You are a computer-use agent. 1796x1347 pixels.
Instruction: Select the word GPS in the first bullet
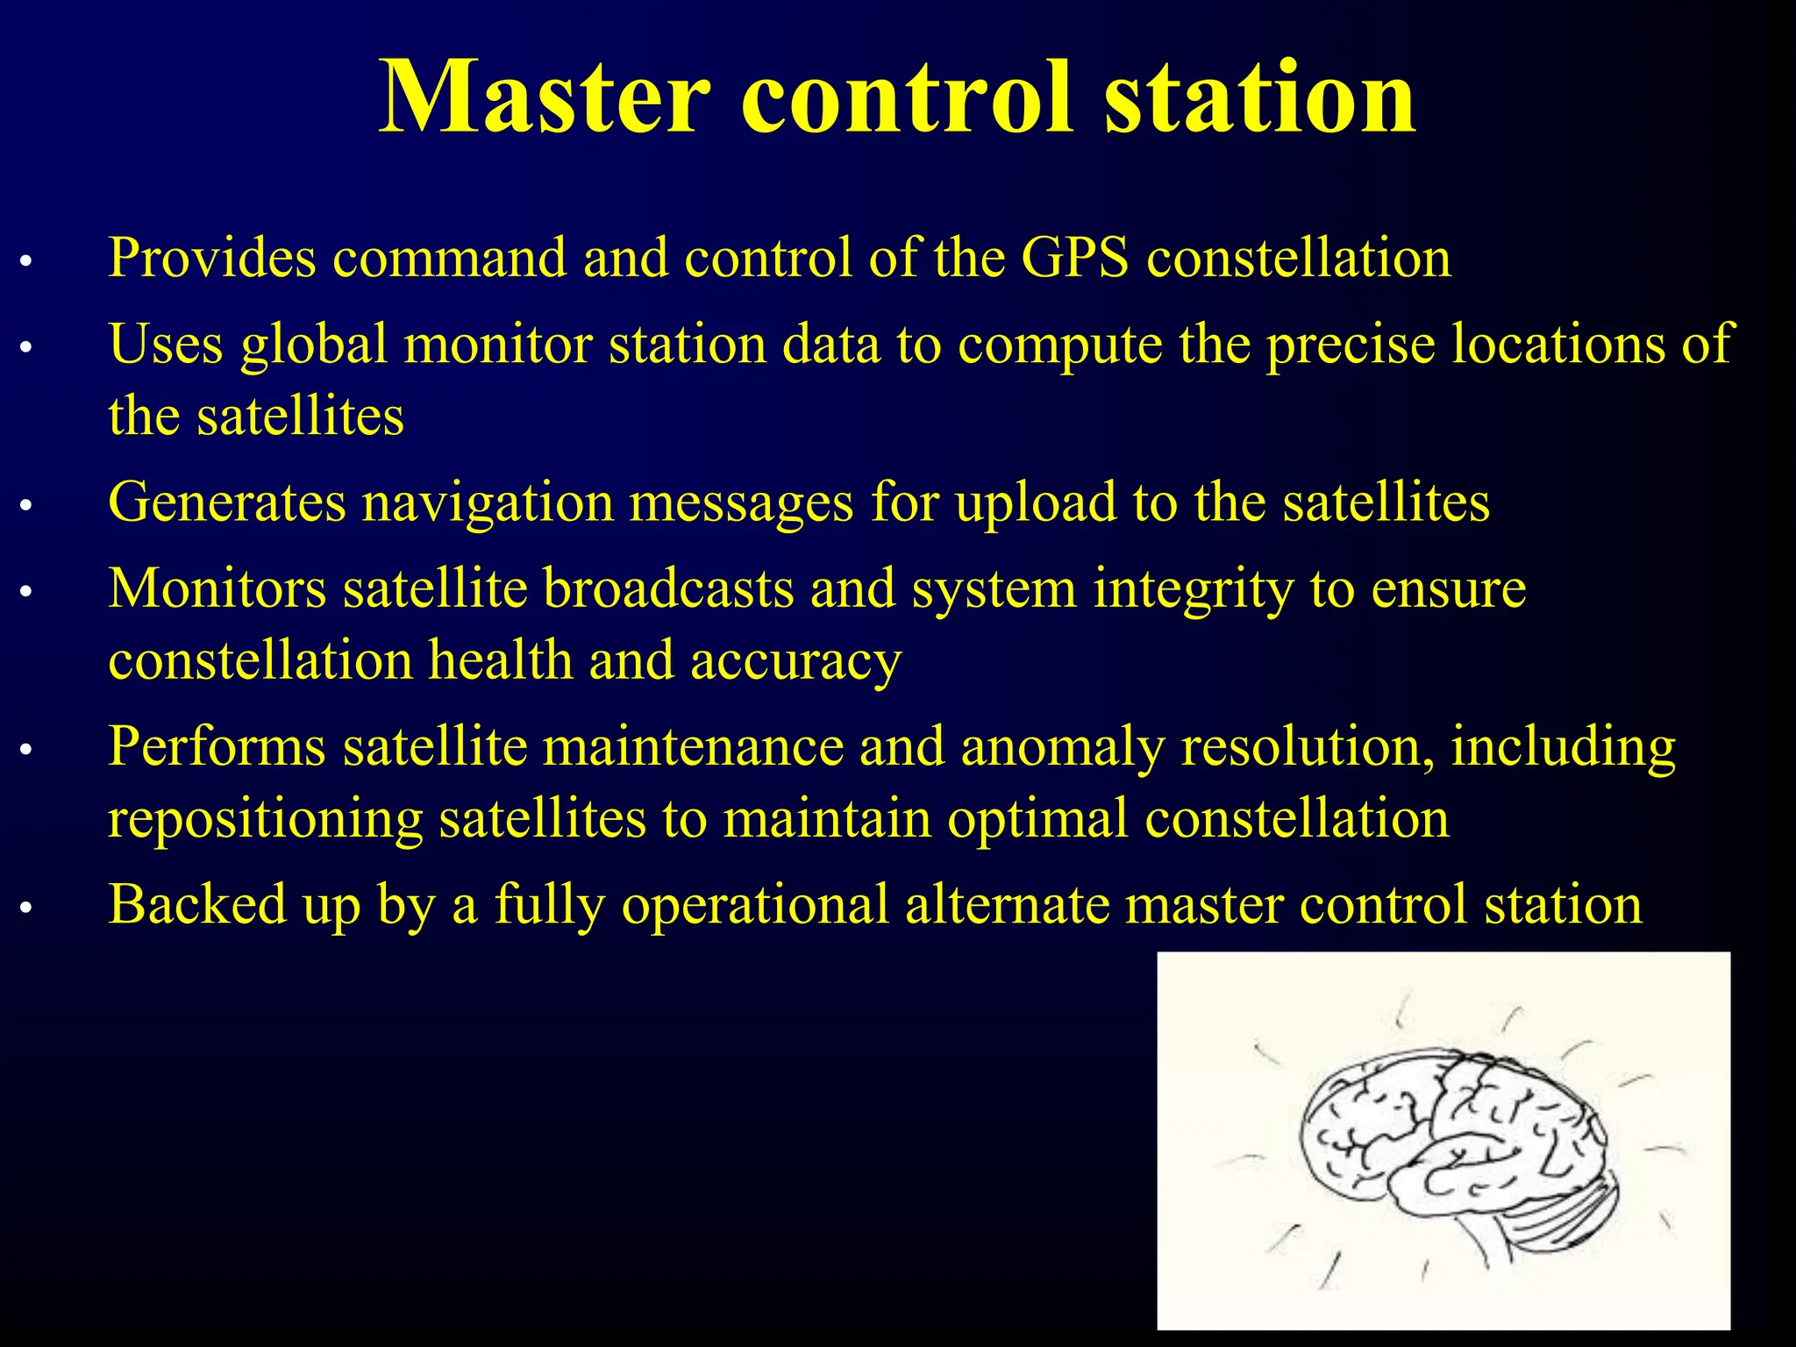point(1075,259)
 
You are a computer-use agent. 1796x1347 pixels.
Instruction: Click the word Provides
point(211,259)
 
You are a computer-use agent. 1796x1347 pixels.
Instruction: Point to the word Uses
point(166,344)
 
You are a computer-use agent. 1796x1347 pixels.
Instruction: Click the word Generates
point(227,503)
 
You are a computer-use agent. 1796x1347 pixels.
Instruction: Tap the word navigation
point(488,503)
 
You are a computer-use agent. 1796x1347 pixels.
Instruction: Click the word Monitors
point(217,588)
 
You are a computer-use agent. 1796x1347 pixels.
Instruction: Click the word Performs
point(217,747)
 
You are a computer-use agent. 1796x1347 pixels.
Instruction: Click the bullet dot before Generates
point(26,506)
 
